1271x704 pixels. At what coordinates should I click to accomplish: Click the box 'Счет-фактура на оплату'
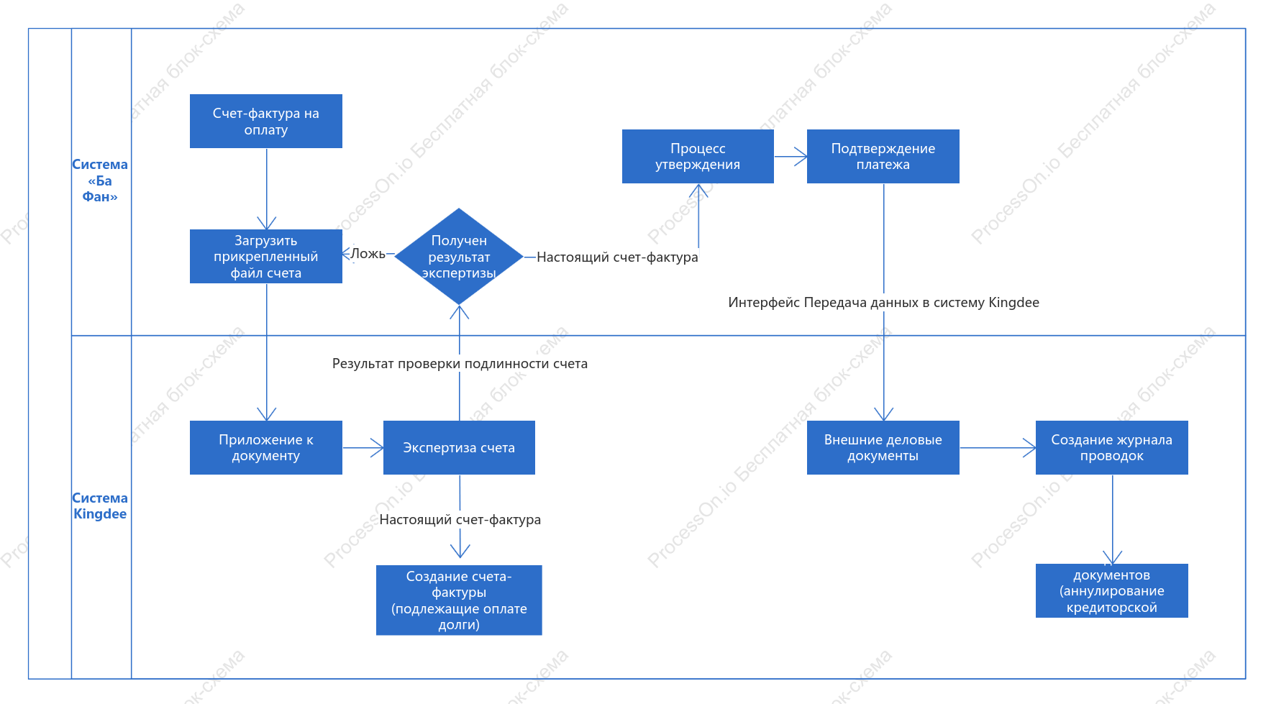(266, 122)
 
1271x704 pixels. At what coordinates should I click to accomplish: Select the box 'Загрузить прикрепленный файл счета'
(266, 257)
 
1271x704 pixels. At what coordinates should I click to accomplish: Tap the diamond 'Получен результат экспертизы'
(459, 257)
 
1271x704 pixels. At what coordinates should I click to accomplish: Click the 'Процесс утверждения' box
(698, 157)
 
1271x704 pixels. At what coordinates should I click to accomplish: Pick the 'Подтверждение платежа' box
(883, 157)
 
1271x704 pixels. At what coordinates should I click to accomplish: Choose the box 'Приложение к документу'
(266, 447)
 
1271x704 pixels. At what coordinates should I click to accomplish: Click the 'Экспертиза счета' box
(459, 447)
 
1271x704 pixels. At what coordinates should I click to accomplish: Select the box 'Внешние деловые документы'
(883, 447)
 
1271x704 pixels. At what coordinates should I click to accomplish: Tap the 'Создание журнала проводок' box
(1112, 447)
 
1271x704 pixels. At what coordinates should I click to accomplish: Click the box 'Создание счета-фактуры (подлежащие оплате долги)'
(459, 600)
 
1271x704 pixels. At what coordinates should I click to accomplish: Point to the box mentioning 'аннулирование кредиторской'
(1112, 590)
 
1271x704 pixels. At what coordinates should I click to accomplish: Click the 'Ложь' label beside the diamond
(368, 254)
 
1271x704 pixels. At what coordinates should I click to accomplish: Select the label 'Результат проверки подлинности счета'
(460, 364)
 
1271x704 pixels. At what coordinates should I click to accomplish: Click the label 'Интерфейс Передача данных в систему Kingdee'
(883, 303)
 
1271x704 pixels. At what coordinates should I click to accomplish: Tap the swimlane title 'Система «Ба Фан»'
(100, 180)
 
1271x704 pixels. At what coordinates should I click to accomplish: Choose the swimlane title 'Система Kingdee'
(100, 506)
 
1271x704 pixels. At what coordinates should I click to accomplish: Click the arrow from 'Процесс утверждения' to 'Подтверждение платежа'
(791, 157)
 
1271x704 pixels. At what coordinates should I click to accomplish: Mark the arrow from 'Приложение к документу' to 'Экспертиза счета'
(363, 447)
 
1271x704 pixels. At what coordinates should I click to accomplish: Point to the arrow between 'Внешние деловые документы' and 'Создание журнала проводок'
(998, 447)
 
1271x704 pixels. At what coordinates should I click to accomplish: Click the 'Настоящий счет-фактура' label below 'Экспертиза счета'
(460, 520)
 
